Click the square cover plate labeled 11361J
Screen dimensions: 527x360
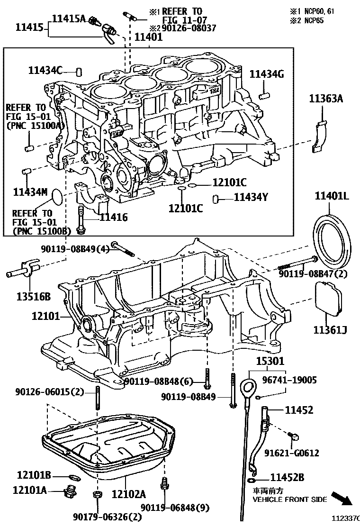click(x=329, y=298)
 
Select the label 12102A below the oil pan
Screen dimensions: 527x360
click(x=128, y=494)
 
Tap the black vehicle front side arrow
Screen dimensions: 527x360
click(x=341, y=499)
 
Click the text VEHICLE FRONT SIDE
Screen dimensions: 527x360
click(x=289, y=500)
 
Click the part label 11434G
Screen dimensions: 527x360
click(x=267, y=73)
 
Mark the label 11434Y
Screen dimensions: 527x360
click(x=251, y=197)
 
